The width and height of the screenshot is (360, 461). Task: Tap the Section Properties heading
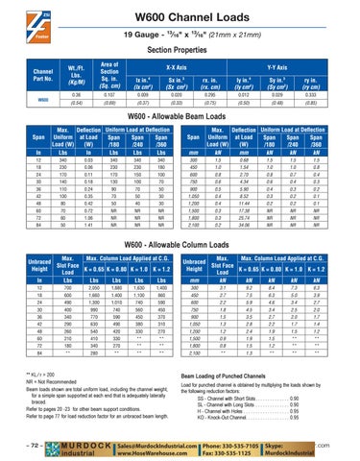180,51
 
